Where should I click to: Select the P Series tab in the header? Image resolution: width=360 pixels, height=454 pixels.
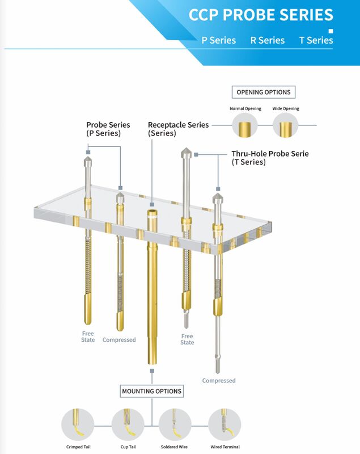(x=218, y=40)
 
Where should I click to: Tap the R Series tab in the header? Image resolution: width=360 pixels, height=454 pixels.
(x=268, y=40)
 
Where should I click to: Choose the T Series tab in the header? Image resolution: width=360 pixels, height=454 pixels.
(x=316, y=40)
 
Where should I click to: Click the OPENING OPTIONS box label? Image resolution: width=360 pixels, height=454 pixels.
(x=263, y=92)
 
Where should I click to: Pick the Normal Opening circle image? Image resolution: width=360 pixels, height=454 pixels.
(x=245, y=126)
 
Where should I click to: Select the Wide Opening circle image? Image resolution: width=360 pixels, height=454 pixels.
(x=285, y=126)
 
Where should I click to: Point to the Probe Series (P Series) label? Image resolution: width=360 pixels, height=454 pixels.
(x=108, y=129)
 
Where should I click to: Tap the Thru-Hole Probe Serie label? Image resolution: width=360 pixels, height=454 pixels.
(x=270, y=157)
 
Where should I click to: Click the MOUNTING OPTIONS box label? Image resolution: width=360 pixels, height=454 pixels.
(x=151, y=391)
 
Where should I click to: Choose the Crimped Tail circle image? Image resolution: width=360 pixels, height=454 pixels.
(x=78, y=424)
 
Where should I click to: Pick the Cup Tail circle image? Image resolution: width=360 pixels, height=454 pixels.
(x=128, y=424)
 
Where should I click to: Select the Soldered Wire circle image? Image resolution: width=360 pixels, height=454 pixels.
(x=175, y=424)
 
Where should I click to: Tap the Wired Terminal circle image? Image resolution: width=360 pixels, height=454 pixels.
(x=225, y=424)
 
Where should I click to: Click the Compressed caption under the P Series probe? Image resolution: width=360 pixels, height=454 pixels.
(x=119, y=340)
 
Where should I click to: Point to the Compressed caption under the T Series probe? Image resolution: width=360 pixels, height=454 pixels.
(x=219, y=380)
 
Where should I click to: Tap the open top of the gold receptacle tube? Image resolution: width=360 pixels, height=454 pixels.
(x=152, y=213)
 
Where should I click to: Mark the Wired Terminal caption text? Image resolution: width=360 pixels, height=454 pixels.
(x=225, y=447)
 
